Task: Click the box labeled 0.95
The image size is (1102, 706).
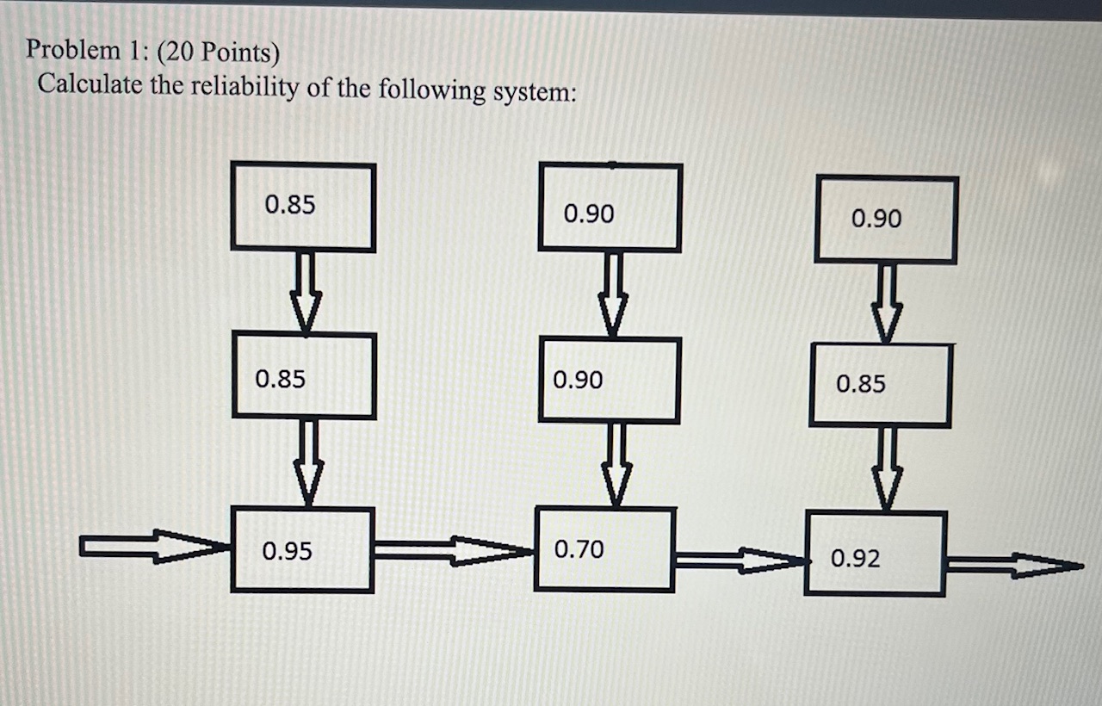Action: pos(302,549)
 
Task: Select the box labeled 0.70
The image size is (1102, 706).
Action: pos(604,549)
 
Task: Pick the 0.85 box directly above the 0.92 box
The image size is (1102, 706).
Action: pos(880,385)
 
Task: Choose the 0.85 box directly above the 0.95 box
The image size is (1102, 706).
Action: pos(304,376)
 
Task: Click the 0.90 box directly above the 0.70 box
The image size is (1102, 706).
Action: pos(610,380)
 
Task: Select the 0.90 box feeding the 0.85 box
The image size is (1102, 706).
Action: pos(886,220)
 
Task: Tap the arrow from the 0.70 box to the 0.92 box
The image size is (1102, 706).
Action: pos(739,561)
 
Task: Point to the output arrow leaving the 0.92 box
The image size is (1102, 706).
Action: pos(1012,566)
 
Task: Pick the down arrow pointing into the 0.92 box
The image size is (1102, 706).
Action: pos(888,469)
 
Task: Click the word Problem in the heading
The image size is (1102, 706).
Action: pos(74,51)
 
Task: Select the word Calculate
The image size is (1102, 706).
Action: pos(90,84)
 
